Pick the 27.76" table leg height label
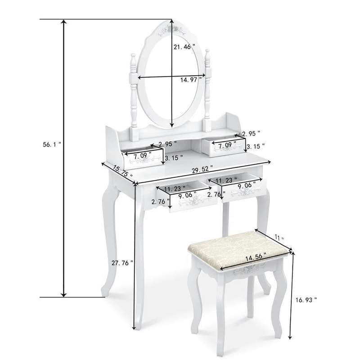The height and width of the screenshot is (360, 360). coord(122,263)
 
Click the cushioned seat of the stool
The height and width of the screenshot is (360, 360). coord(238,252)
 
